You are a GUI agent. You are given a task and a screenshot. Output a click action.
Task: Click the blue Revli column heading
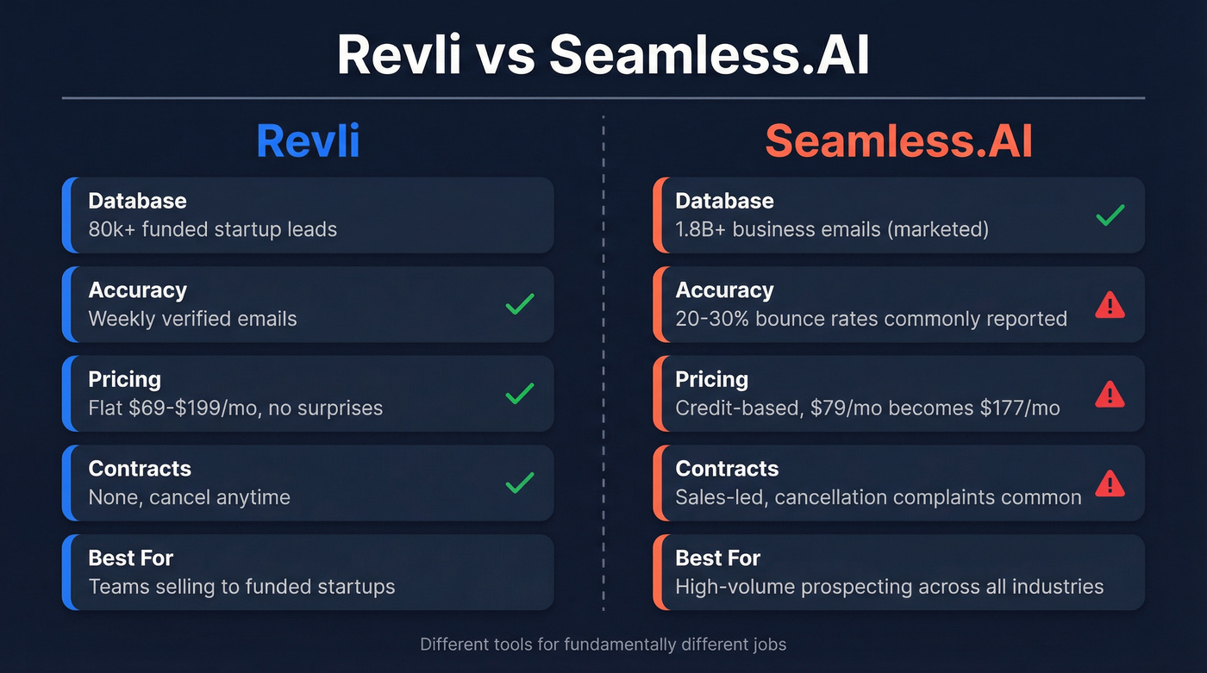[x=308, y=141]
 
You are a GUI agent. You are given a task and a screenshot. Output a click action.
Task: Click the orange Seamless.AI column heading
[x=898, y=141]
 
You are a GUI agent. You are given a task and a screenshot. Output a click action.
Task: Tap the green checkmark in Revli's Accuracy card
[x=520, y=304]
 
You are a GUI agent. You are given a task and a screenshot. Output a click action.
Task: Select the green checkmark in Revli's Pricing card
[x=520, y=394]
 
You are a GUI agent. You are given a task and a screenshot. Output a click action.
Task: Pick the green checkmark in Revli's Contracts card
[x=520, y=483]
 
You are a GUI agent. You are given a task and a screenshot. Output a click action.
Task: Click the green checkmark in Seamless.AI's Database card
[x=1110, y=215]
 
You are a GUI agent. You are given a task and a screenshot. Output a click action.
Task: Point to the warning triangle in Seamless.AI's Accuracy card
[x=1110, y=304]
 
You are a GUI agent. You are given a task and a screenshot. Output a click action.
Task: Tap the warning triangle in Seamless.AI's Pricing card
[x=1110, y=394]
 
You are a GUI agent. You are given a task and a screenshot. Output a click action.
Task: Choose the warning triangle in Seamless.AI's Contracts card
[x=1110, y=483]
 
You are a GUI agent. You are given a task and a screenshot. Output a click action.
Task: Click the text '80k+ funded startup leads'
[x=212, y=229]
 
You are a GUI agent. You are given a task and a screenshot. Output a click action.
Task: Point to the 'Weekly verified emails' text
[x=192, y=319]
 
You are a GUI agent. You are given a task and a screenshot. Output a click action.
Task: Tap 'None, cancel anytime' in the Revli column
[x=189, y=498]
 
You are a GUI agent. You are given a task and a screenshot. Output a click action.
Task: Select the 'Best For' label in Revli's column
[x=131, y=558]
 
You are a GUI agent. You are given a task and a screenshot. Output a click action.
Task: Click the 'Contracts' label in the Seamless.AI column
[x=727, y=469]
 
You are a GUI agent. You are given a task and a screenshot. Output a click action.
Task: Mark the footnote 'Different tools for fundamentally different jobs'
[x=603, y=644]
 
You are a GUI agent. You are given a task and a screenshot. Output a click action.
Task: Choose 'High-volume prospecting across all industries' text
[x=889, y=587]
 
